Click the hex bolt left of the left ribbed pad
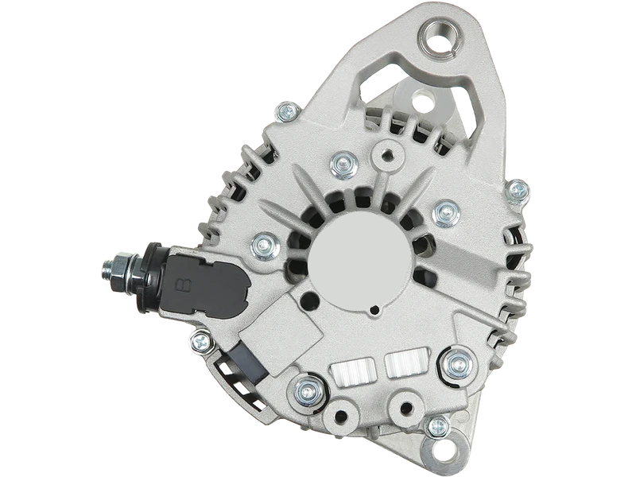[x=304, y=389]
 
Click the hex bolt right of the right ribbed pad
[x=456, y=363]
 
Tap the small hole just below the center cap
[x=371, y=307]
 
